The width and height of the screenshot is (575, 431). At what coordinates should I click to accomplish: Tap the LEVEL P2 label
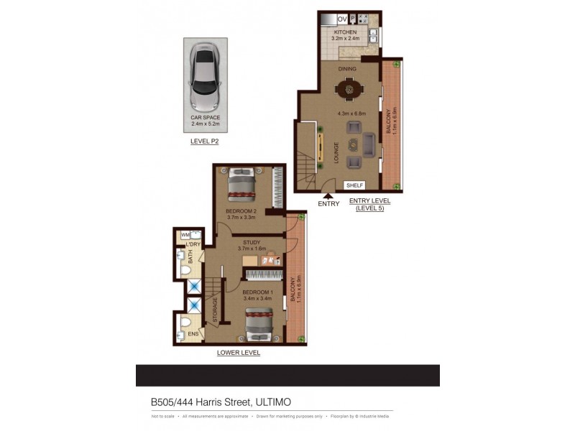point(204,142)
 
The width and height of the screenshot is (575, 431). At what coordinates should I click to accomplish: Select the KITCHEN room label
point(345,33)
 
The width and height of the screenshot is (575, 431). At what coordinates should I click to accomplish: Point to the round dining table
point(351,90)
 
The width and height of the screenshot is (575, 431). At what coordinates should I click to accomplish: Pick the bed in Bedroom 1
point(259,325)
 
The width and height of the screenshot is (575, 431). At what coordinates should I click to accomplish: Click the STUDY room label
point(252,243)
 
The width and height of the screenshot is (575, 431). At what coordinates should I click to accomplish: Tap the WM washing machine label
point(185,234)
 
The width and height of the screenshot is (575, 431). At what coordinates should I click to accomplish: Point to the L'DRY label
point(192,245)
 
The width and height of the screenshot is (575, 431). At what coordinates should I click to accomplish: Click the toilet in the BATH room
point(182,270)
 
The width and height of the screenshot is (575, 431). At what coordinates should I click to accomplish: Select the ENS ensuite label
point(192,334)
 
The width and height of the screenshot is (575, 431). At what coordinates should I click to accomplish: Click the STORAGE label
point(214,310)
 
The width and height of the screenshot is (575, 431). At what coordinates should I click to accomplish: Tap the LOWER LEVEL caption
point(239,353)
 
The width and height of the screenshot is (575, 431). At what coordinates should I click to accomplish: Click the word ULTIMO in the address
point(272,402)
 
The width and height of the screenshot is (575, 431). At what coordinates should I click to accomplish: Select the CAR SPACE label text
point(205,117)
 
